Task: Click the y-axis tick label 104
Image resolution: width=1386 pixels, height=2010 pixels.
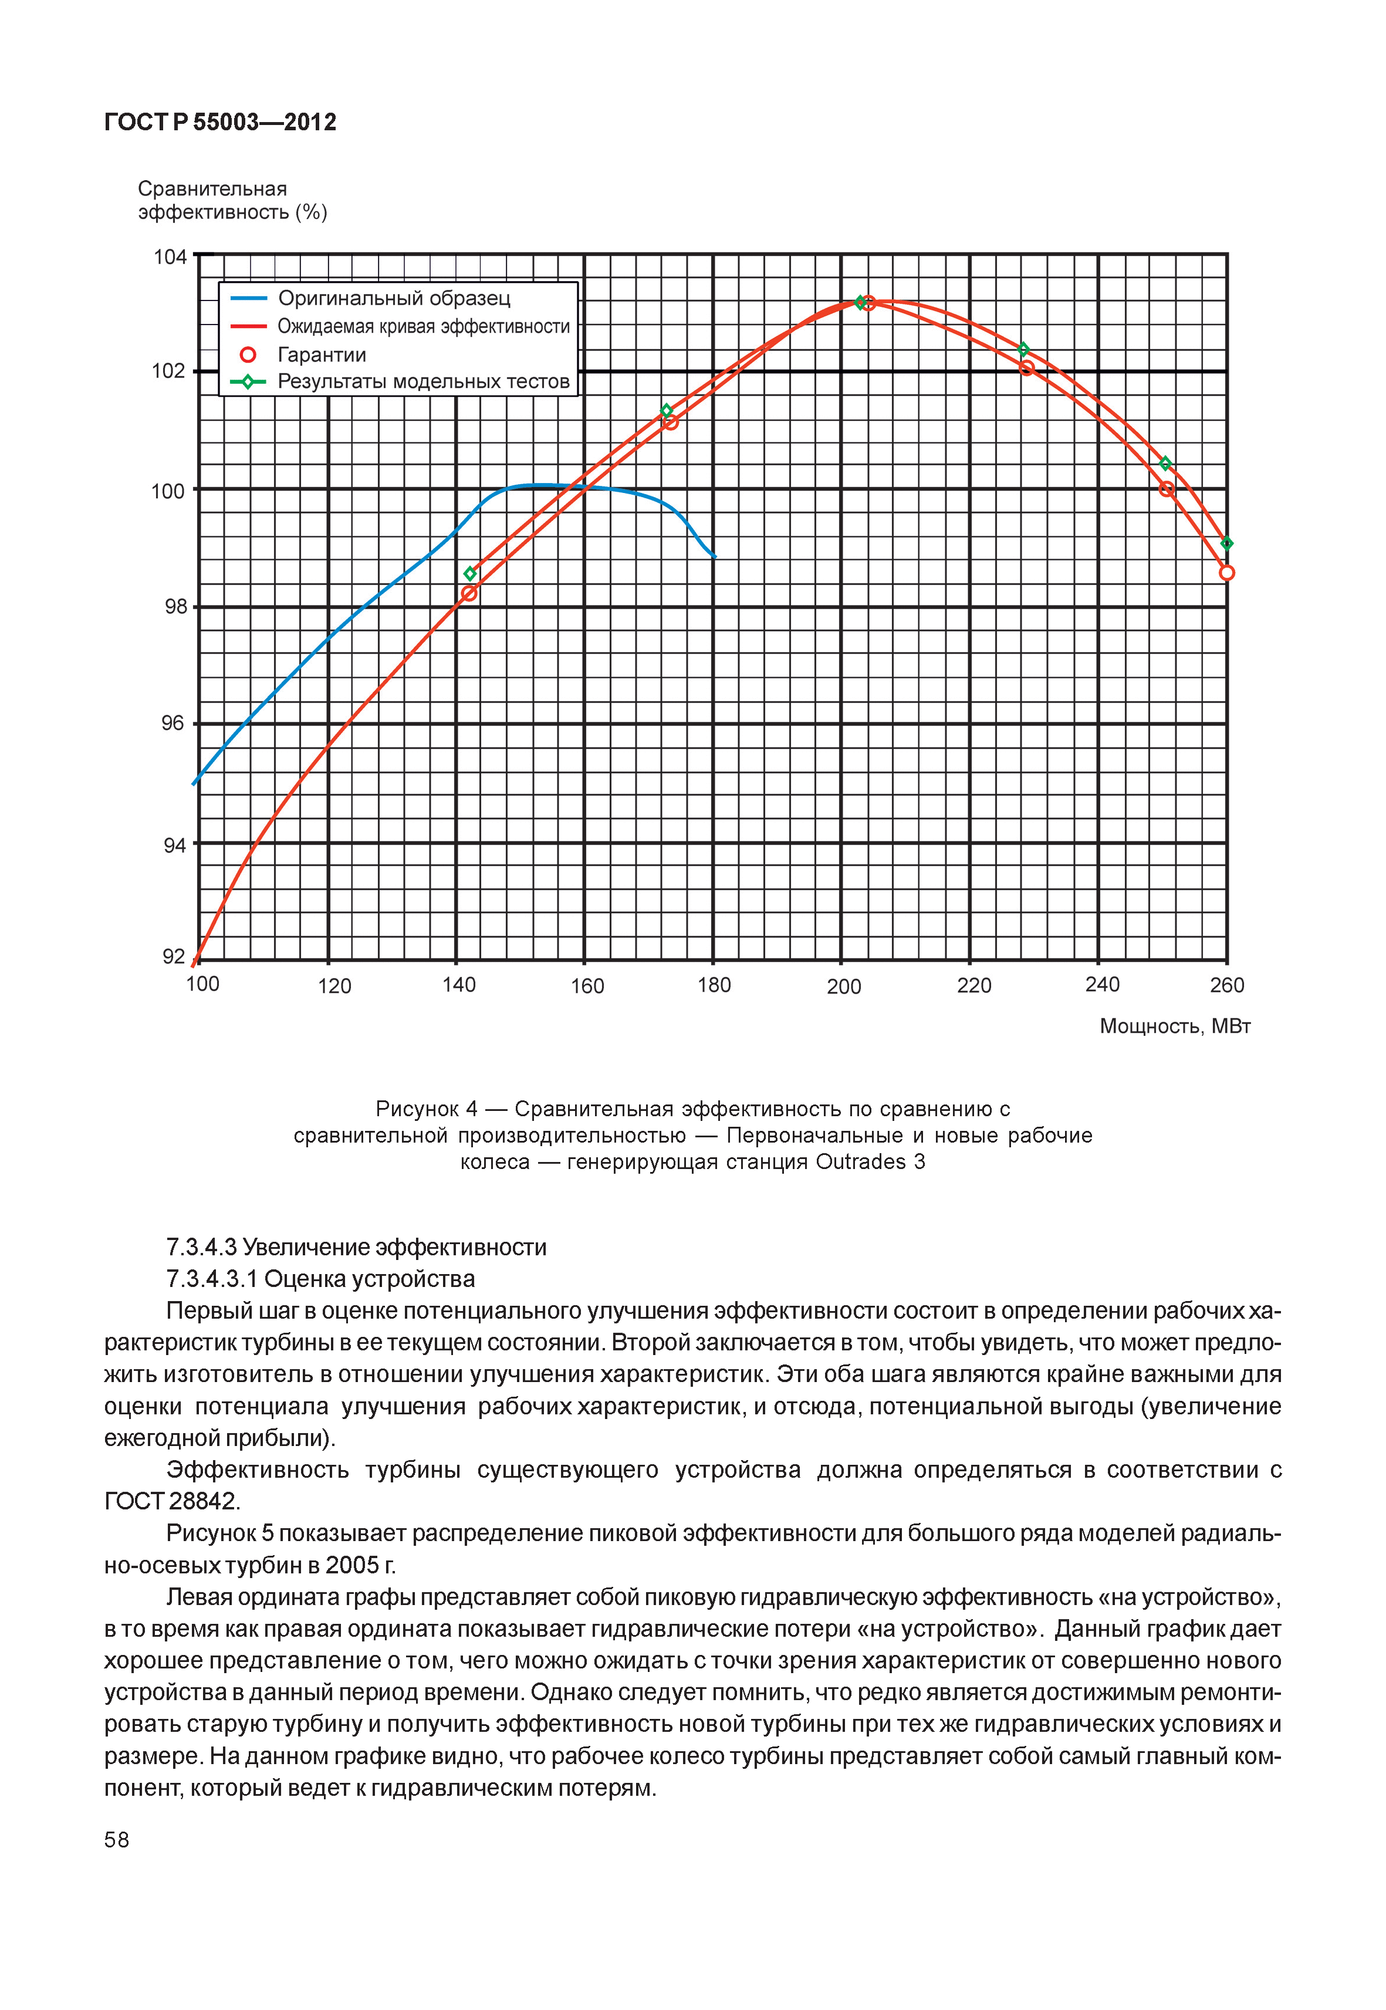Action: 170,257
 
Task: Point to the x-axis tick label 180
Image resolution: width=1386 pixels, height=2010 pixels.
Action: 714,985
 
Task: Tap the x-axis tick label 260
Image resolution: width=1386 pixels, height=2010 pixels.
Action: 1226,985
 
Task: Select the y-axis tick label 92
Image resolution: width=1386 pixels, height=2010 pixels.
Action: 174,957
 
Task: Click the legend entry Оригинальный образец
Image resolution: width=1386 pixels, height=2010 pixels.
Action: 393,299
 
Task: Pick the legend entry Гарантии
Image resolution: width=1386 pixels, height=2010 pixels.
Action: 322,354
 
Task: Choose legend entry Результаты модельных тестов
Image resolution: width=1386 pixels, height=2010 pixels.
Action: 423,381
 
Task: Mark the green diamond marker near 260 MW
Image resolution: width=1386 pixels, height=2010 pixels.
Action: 1226,544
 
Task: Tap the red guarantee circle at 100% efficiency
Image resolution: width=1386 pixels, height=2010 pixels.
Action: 1167,489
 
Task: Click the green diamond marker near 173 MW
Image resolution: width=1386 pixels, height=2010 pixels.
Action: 666,410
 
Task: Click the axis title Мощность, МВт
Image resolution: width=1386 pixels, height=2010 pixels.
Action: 1174,1027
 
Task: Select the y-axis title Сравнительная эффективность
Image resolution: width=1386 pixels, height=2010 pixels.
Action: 232,201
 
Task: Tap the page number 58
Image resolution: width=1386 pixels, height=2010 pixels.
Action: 116,1840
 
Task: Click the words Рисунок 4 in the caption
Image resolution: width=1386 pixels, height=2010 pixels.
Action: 425,1109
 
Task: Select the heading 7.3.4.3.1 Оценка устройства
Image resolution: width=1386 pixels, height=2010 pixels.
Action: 320,1279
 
